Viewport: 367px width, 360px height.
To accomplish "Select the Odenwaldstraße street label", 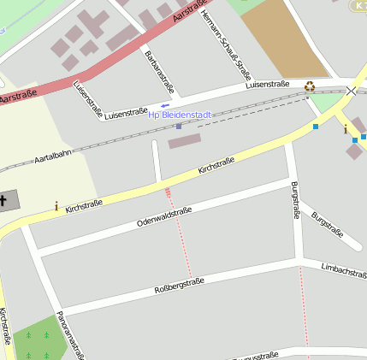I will [164, 216].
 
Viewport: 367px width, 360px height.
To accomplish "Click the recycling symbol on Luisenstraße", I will [309, 86].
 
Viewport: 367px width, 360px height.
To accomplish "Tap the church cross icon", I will [4, 201].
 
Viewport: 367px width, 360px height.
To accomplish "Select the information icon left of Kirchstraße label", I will [56, 206].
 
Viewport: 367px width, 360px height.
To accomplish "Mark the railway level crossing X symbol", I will [351, 91].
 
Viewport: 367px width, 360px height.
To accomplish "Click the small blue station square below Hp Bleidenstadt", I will [179, 127].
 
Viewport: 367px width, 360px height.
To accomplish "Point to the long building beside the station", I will [184, 140].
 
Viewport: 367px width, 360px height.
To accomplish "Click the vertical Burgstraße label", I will [295, 200].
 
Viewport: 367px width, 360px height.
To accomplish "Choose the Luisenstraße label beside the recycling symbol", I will [267, 86].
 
